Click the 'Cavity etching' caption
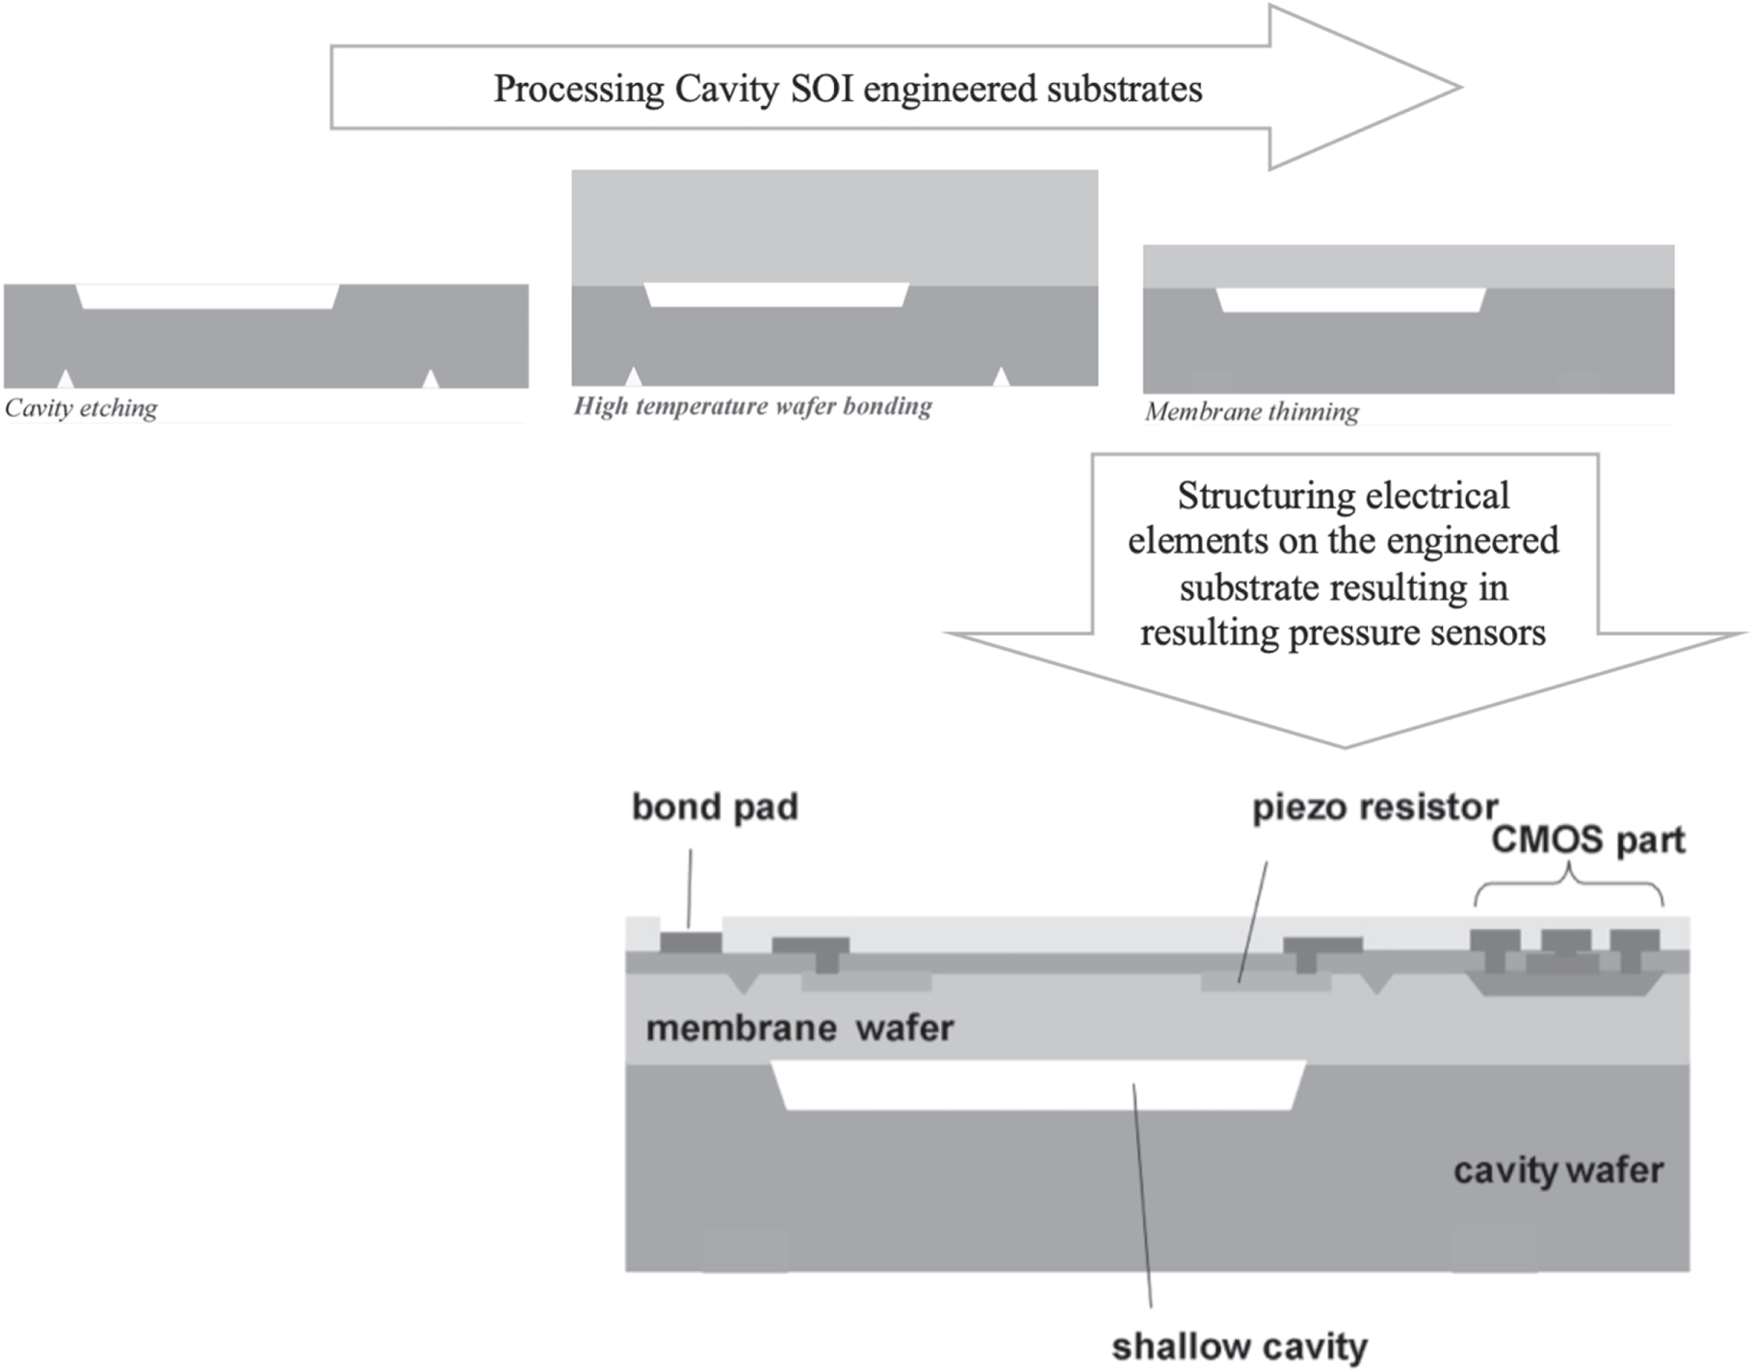coord(81,408)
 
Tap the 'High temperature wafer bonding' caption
coord(752,405)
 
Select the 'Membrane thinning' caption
coord(1251,412)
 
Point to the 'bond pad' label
coord(715,807)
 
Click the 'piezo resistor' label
coord(1374,807)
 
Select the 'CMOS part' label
coord(1587,840)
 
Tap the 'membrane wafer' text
coord(799,1028)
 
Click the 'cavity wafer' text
coord(1557,1171)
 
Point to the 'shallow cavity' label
coord(1239,1346)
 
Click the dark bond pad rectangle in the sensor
coord(691,943)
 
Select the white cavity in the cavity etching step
coord(207,297)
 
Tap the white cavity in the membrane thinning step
coord(1350,299)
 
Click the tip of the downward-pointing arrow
coord(1345,744)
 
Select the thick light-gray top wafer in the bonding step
coord(834,226)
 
